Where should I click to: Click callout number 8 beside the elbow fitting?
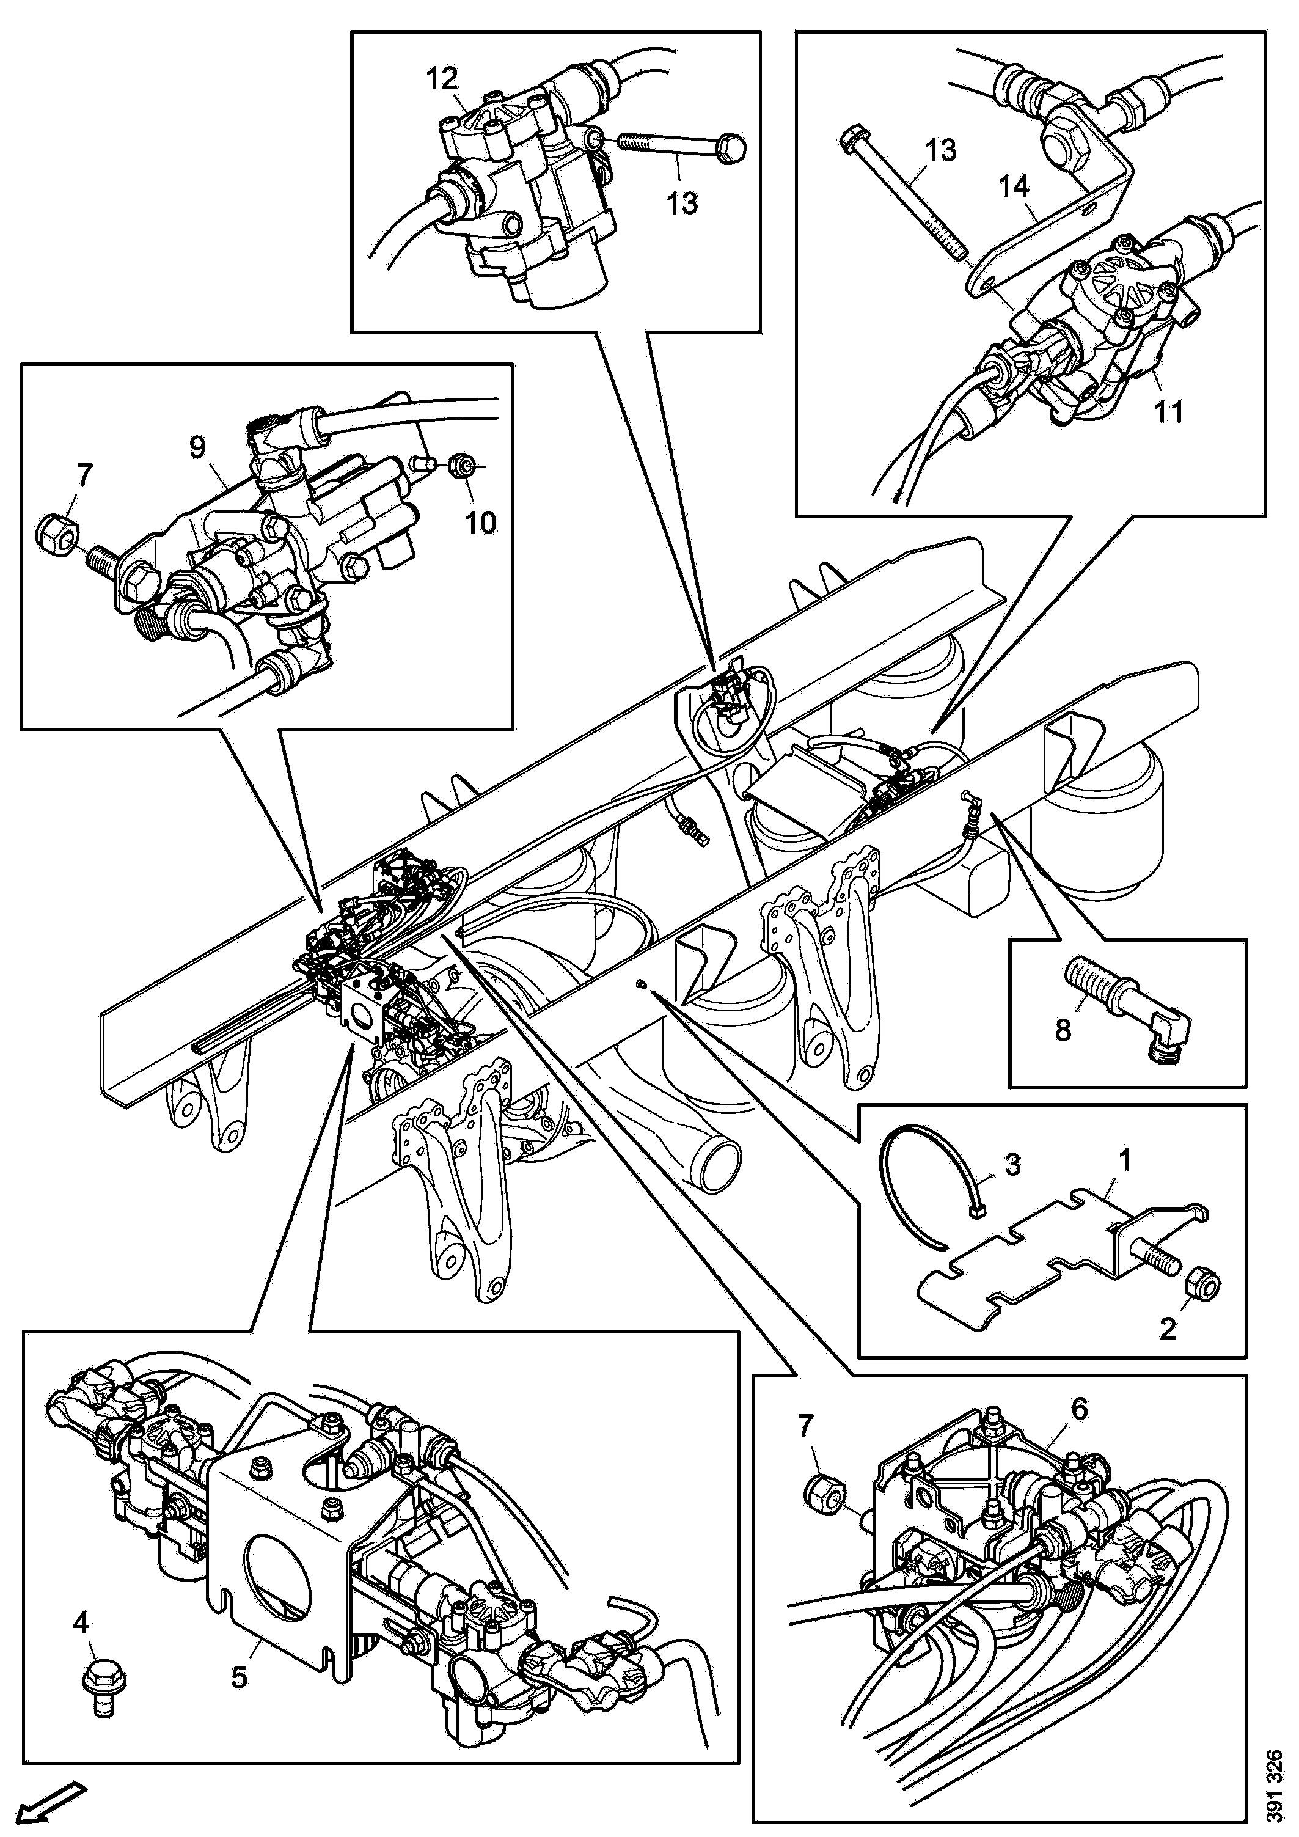pos(1063,1030)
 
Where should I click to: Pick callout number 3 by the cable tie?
pos(1012,1164)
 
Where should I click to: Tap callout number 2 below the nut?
pos(1168,1329)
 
